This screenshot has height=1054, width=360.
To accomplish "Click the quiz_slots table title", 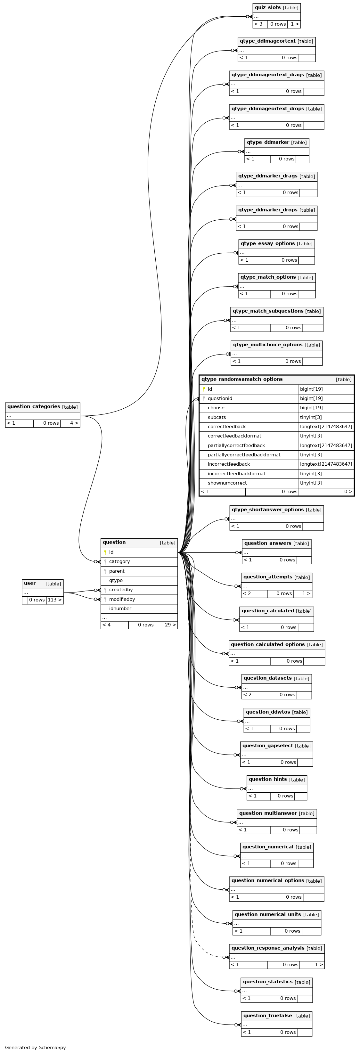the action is (267, 7).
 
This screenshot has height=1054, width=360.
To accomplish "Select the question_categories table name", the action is (34, 406).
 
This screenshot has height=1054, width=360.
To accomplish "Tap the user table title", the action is (30, 584).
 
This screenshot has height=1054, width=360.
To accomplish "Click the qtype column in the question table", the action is (116, 580).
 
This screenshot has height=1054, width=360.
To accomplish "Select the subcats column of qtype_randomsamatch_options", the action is (217, 417).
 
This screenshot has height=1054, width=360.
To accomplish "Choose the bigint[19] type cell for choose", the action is (311, 407).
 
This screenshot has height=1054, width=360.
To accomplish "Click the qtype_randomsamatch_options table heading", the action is (242, 379).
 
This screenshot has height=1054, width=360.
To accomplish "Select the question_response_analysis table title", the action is (267, 948).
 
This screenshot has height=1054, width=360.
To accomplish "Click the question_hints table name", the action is (267, 779).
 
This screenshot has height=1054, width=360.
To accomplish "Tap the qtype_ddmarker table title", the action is (268, 142).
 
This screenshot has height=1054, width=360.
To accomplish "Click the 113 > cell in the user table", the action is (54, 600).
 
